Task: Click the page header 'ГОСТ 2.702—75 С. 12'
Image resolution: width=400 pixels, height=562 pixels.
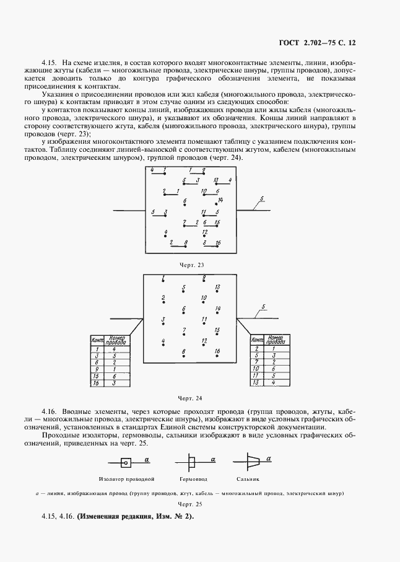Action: coord(317,43)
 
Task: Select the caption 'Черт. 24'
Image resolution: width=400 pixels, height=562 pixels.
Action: coord(190,398)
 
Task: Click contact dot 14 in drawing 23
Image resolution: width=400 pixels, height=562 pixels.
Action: coord(216,204)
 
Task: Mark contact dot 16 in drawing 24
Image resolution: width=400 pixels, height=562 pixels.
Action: coord(217,356)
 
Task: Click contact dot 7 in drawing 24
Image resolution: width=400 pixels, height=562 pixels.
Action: coord(184,335)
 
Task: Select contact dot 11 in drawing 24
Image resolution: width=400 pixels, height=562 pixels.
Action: coord(204,324)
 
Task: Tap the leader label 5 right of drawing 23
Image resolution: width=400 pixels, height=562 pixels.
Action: coord(262,199)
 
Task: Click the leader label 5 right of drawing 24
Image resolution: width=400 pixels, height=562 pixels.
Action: coord(263,307)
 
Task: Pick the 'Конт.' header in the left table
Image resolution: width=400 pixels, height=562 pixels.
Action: coord(97,341)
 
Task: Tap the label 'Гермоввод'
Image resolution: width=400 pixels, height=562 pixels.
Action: coord(193,479)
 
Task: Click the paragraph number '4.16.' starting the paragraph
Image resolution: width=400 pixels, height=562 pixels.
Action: coord(50,411)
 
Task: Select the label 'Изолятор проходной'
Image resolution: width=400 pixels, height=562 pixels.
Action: coord(126,479)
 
